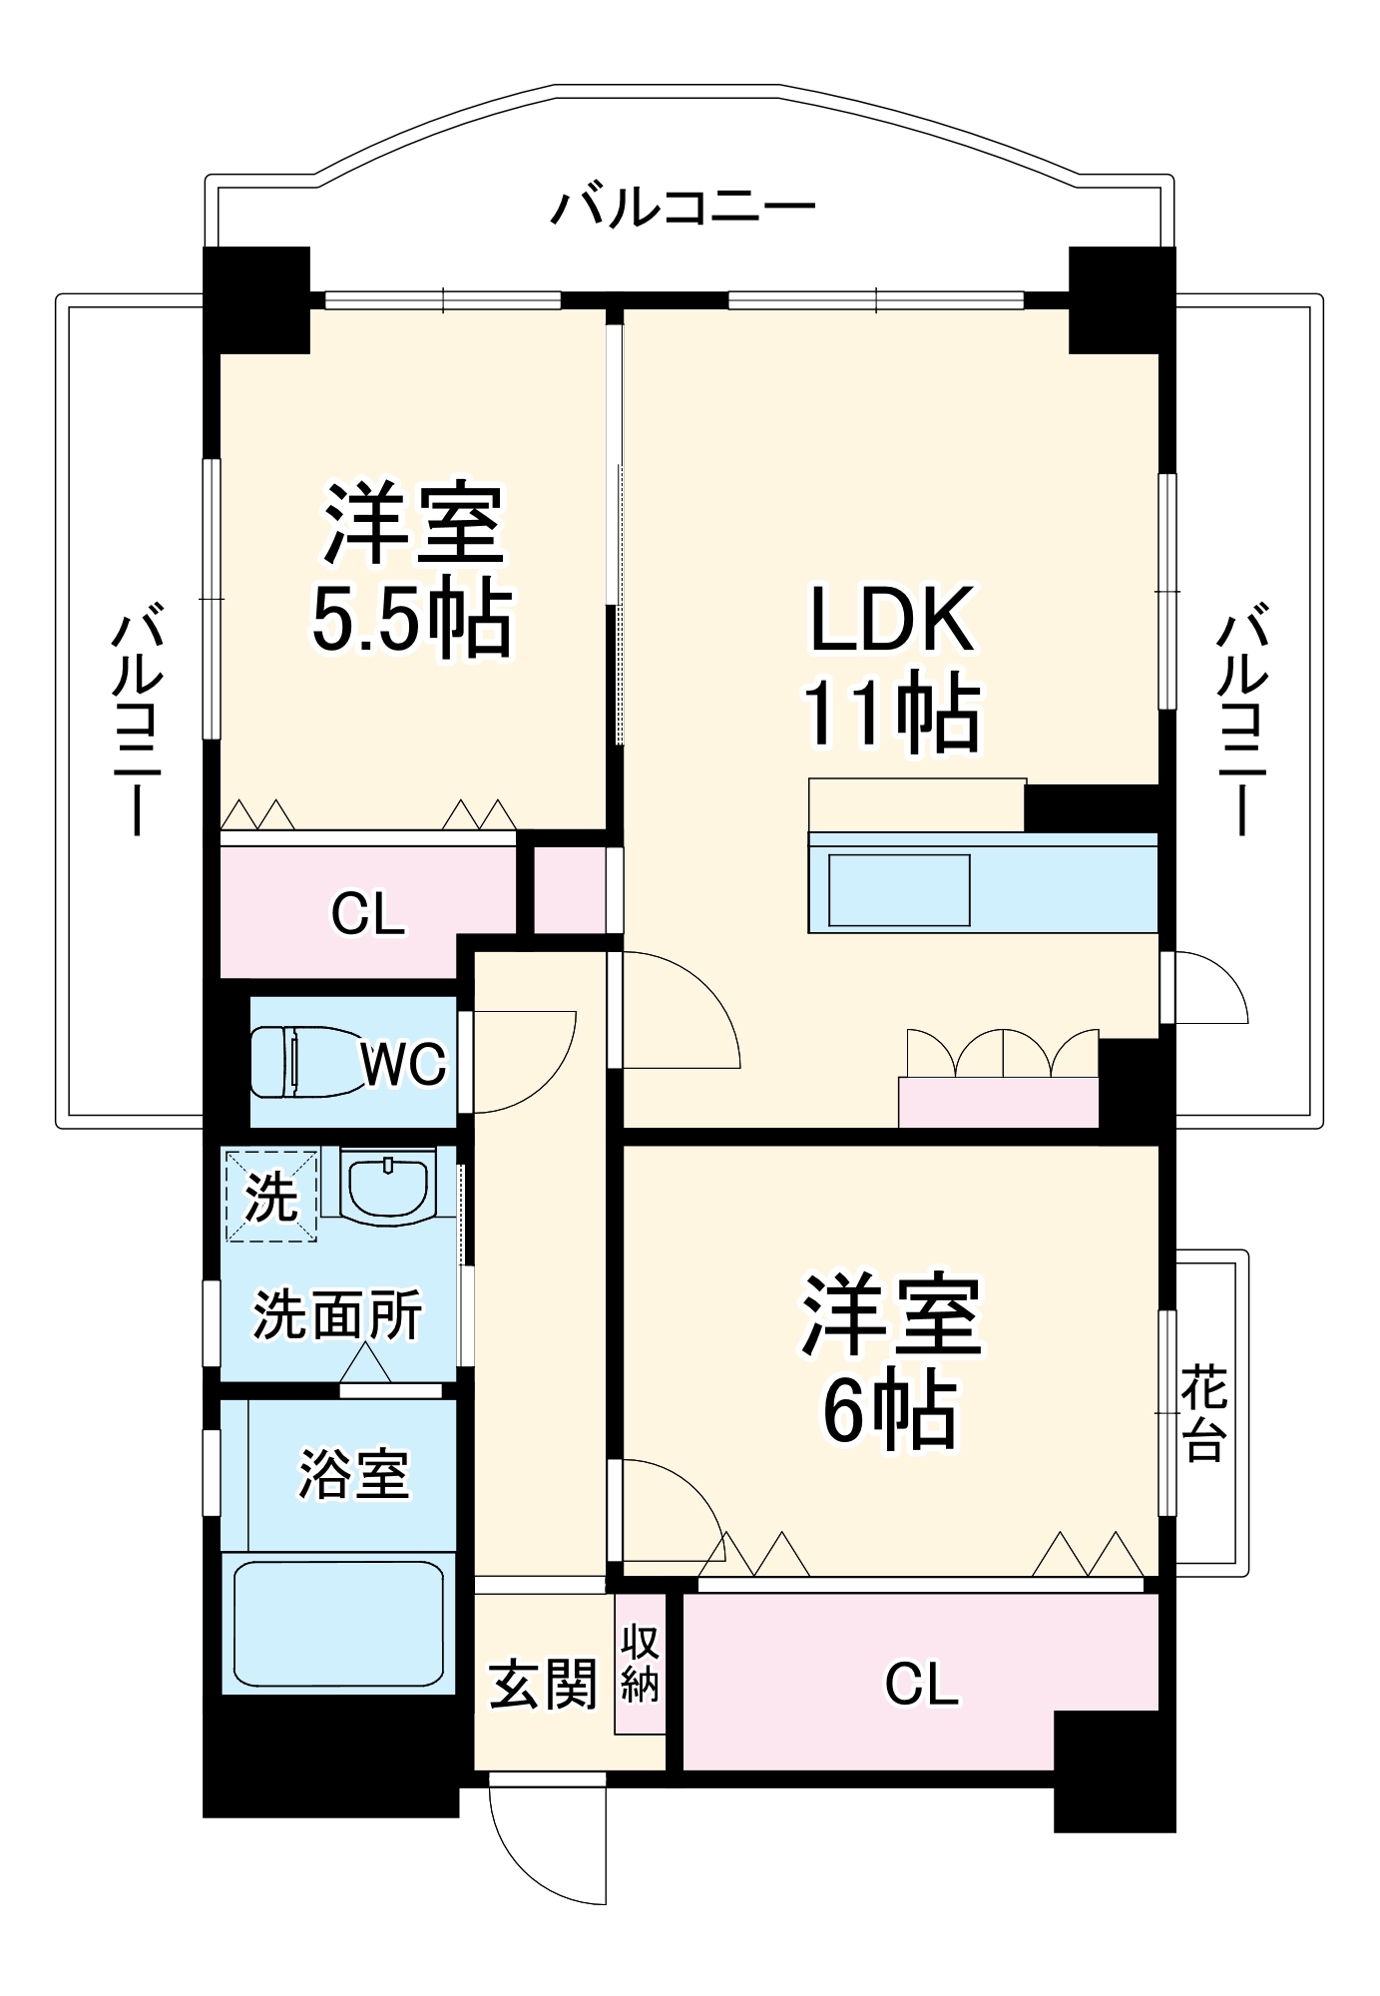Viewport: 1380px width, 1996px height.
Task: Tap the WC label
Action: (x=403, y=1065)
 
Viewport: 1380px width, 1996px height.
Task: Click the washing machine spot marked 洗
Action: (x=271, y=1196)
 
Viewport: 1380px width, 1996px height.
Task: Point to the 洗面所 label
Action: (x=337, y=1314)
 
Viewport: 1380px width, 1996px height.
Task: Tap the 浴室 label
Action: (x=353, y=1474)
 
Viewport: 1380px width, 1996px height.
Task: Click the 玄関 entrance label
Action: (x=543, y=1684)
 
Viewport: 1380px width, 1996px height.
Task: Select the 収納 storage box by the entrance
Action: (x=640, y=1664)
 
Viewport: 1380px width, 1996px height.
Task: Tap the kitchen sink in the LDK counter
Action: (x=899, y=889)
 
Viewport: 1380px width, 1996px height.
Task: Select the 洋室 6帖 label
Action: (x=891, y=1360)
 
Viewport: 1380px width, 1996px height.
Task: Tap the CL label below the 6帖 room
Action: (x=921, y=1685)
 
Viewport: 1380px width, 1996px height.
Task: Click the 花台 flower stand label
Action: (x=1204, y=1413)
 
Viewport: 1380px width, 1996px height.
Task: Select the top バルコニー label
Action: (x=684, y=208)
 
